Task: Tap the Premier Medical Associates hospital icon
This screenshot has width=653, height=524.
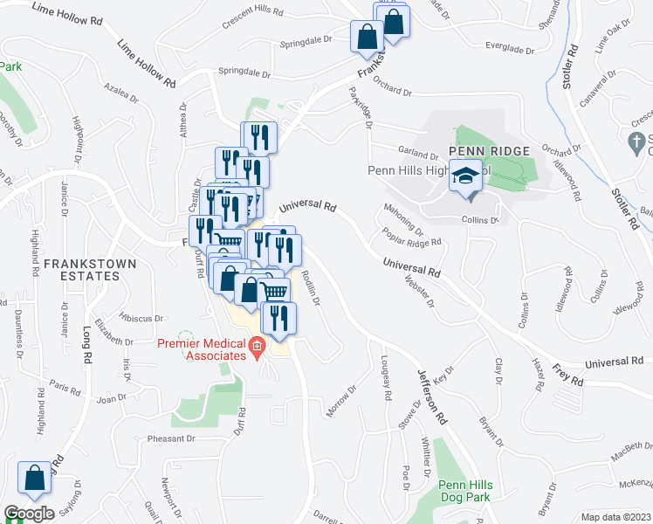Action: tap(257, 350)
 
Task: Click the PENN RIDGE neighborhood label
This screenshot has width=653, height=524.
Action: tap(489, 151)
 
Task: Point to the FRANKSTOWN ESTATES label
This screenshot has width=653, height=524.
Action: tap(81, 269)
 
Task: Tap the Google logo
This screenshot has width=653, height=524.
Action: tap(29, 513)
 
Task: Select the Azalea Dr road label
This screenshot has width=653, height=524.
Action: tap(120, 93)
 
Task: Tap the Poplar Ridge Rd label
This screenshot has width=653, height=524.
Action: tap(411, 237)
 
